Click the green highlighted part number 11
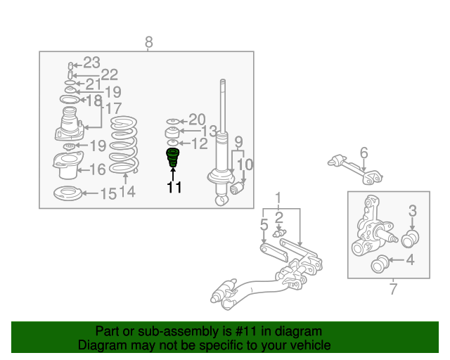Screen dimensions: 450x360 (x=173, y=157)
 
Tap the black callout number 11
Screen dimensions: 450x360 (x=174, y=187)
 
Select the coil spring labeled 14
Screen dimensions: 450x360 (x=124, y=145)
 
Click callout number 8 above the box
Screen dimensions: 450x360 (x=148, y=42)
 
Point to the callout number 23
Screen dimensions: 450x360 (x=91, y=63)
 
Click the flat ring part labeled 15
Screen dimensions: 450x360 (x=67, y=193)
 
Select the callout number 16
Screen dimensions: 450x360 (x=98, y=169)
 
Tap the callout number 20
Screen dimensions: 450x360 (x=197, y=120)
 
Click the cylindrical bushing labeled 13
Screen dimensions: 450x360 (x=172, y=132)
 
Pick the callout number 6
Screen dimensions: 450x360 (x=364, y=153)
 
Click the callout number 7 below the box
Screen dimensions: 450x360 (x=394, y=288)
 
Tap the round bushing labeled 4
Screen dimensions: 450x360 (x=380, y=264)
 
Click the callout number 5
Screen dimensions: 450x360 (x=264, y=224)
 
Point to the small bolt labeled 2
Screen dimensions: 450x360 (x=279, y=233)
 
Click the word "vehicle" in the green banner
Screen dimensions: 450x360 (x=314, y=345)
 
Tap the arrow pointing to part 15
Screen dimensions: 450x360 (x=91, y=193)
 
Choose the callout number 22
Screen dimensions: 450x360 (x=110, y=75)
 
